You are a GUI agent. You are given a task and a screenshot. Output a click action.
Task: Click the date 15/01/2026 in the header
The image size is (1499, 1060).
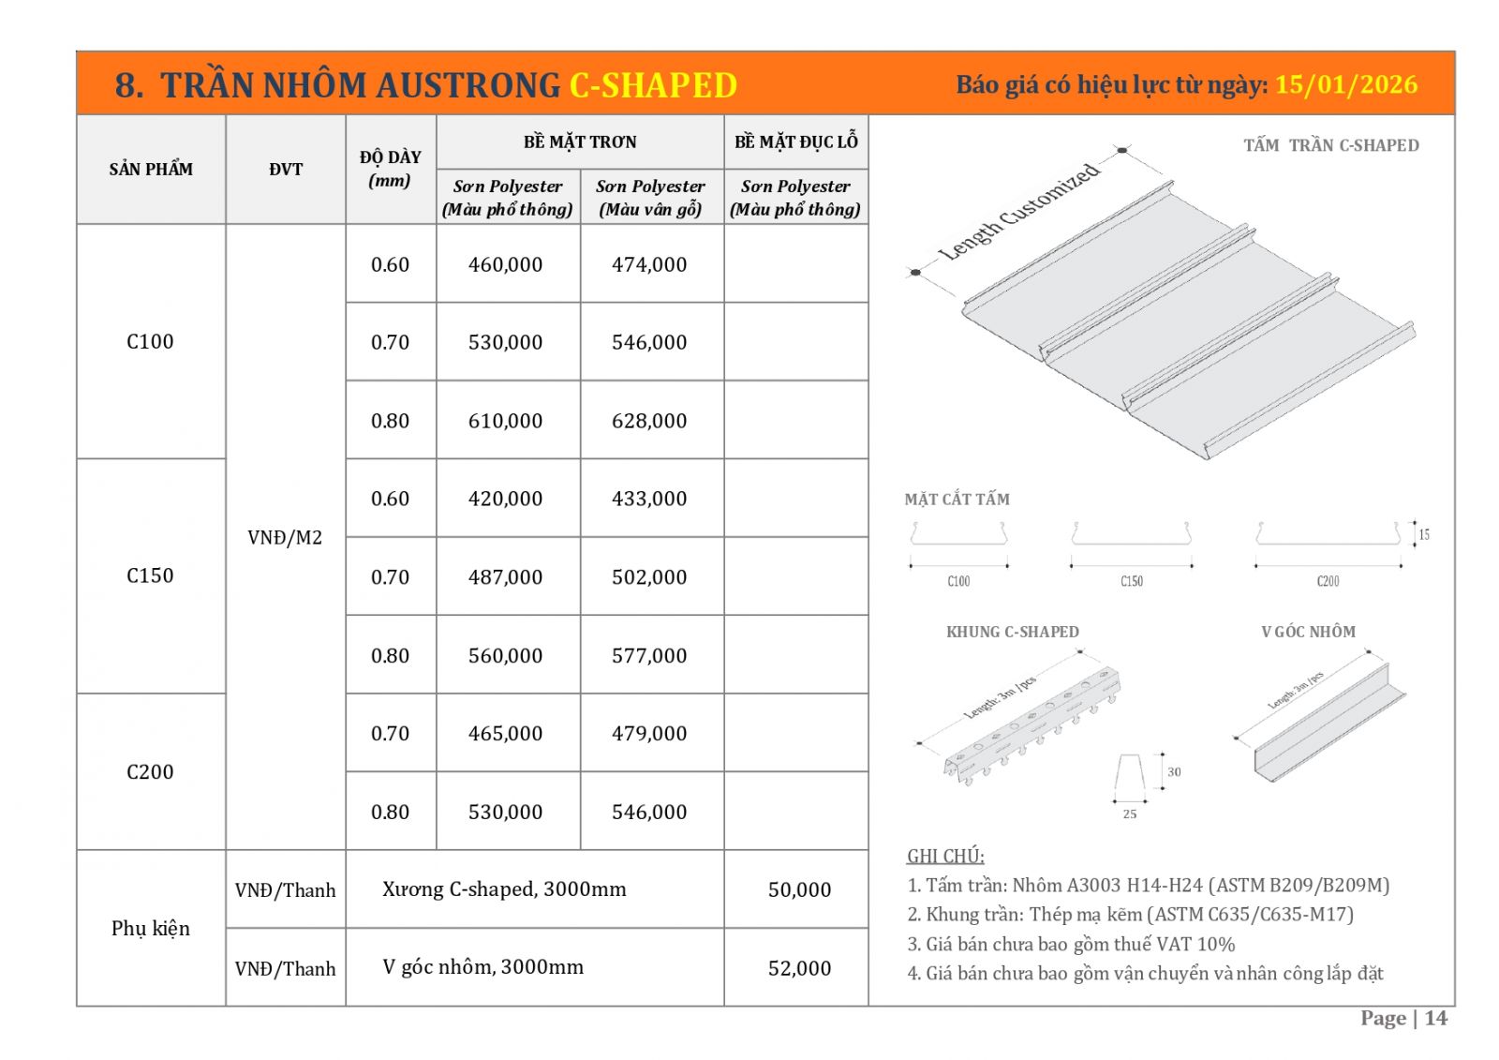pyautogui.click(x=1345, y=84)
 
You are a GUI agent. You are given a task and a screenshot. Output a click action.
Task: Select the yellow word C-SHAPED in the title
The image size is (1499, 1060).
pyautogui.click(x=653, y=85)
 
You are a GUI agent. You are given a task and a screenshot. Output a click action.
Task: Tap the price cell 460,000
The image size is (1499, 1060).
pyautogui.click(x=505, y=264)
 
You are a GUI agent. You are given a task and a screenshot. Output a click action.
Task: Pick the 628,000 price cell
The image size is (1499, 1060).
pyautogui.click(x=649, y=421)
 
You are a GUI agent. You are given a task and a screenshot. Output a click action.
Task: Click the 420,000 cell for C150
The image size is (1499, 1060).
pyautogui.click(x=505, y=499)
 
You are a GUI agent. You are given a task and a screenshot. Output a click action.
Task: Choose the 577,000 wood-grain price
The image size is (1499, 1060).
pyautogui.click(x=649, y=655)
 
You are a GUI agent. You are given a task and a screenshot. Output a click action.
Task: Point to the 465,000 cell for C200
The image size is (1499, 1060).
pyautogui.click(x=505, y=733)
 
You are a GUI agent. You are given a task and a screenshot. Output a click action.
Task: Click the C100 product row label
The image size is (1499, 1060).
pyautogui.click(x=150, y=341)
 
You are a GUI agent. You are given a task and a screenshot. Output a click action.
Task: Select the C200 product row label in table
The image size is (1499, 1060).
pyautogui.click(x=150, y=771)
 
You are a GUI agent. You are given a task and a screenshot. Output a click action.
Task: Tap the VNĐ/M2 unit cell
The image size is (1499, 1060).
pyautogui.click(x=285, y=537)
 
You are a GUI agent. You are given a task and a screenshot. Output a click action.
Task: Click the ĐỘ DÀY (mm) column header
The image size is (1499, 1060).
pyautogui.click(x=390, y=169)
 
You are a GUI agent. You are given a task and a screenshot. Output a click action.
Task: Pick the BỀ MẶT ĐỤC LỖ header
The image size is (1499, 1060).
pyautogui.click(x=795, y=142)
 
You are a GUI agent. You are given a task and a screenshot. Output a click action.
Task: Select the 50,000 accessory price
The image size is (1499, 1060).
pyautogui.click(x=799, y=889)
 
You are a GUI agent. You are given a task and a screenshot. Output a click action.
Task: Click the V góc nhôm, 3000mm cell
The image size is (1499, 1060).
pyautogui.click(x=482, y=966)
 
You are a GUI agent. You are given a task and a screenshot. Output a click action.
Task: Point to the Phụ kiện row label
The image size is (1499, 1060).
pyautogui.click(x=150, y=928)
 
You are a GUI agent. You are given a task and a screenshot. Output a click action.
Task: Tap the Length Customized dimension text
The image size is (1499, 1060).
pyautogui.click(x=1018, y=213)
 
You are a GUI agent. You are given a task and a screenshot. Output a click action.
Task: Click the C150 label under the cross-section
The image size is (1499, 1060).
pyautogui.click(x=1131, y=581)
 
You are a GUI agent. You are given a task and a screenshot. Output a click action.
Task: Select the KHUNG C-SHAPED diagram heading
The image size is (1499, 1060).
pyautogui.click(x=1012, y=632)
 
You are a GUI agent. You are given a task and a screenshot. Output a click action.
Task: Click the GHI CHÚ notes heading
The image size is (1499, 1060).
pyautogui.click(x=945, y=856)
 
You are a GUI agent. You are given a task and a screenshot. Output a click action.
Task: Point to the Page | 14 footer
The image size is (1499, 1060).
pyautogui.click(x=1403, y=1018)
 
